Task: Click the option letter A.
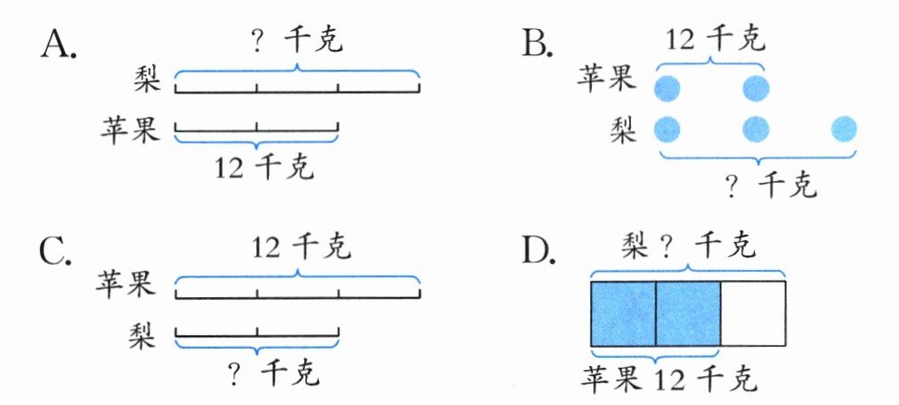(59, 43)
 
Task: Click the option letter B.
(536, 43)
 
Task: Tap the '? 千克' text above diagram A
(299, 42)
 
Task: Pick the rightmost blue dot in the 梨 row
(843, 129)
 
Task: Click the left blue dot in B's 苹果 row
(667, 88)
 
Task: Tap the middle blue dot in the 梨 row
(756, 129)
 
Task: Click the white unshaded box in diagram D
(753, 313)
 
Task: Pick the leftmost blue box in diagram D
(623, 313)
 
